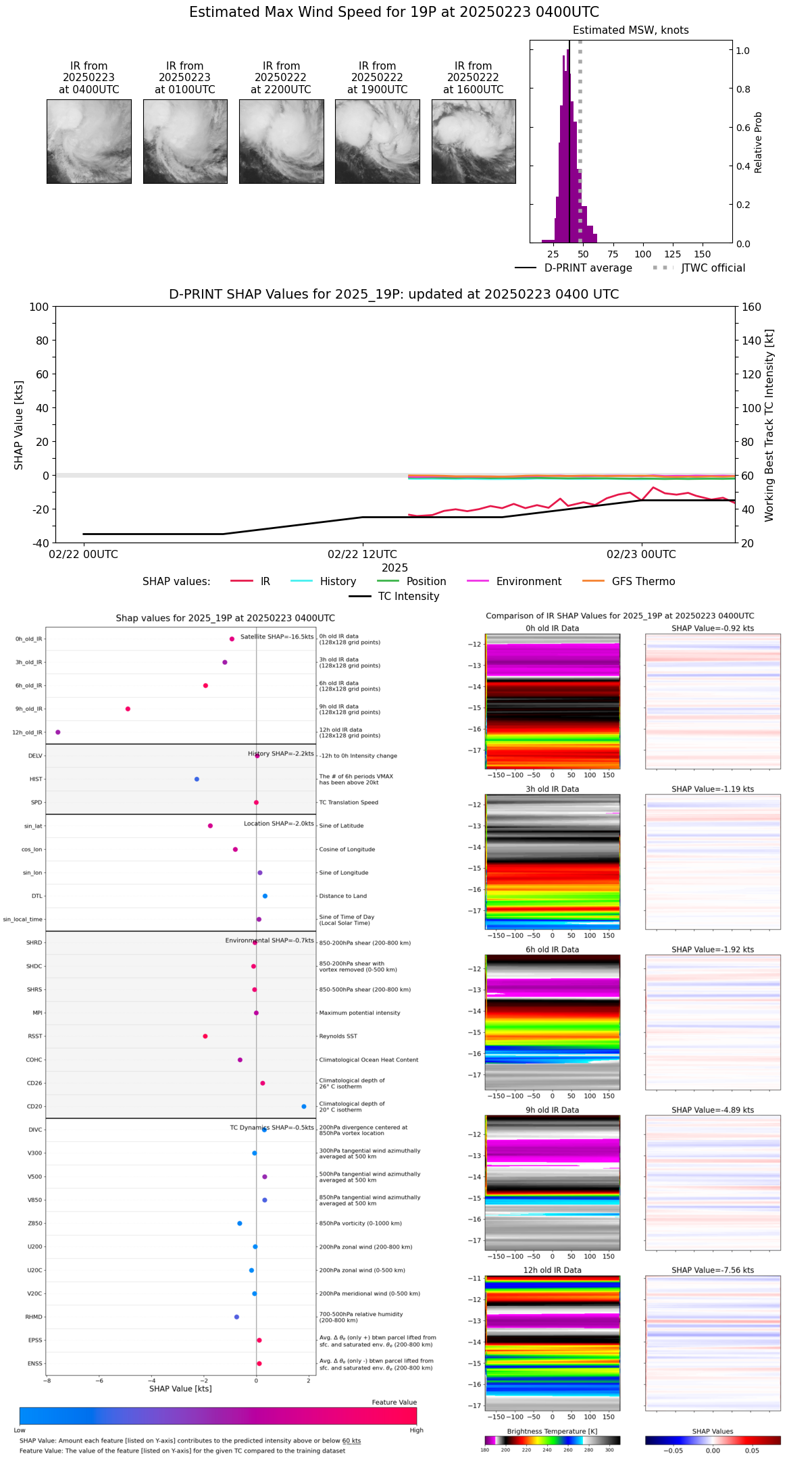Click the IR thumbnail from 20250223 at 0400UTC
pos(89,141)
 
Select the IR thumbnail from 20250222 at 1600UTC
pos(474,141)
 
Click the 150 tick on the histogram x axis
pos(703,254)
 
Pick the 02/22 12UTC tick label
pos(362,555)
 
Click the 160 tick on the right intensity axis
pos(751,307)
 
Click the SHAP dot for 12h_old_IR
pos(58,732)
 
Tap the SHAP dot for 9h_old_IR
pos(128,709)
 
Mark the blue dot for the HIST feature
pos(197,779)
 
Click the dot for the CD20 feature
pos(304,1107)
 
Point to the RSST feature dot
pos(205,1036)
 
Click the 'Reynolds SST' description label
pos(338,1036)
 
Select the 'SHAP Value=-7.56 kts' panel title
pos(713,1270)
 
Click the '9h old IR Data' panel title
pos(552,1110)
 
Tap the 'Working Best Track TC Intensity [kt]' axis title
pos(769,426)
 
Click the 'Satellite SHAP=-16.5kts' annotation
pos(277,637)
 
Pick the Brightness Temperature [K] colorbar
pos(552,1440)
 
